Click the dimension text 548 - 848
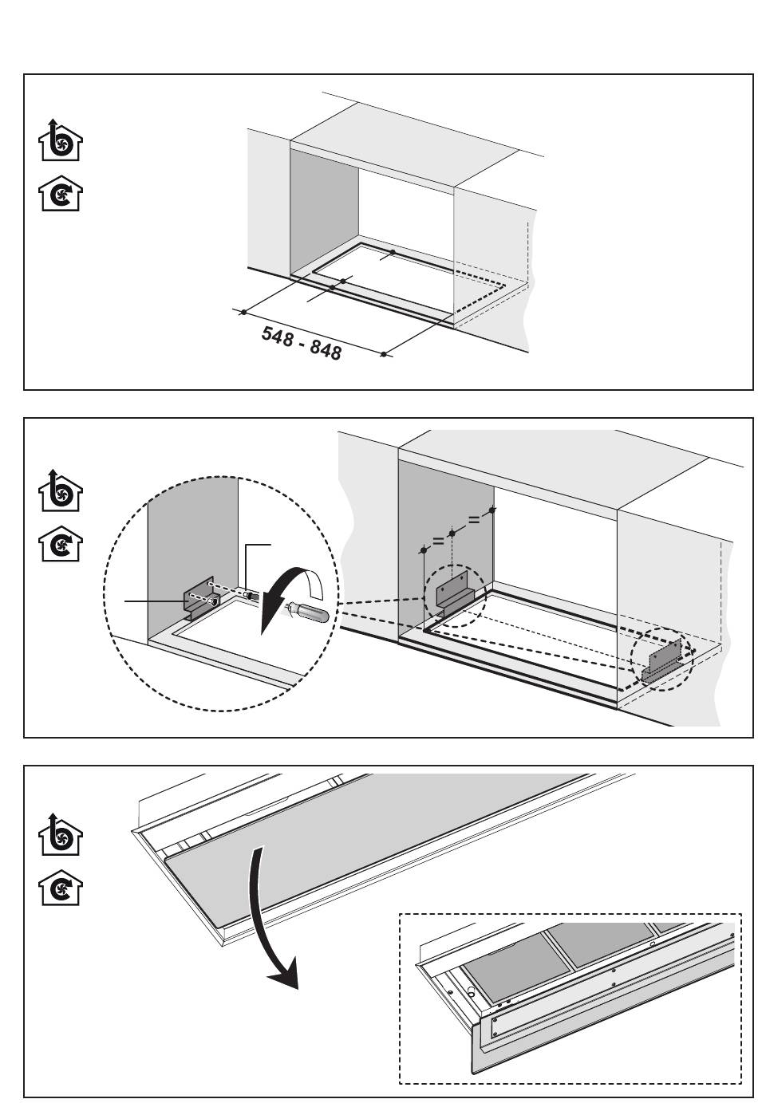tap(302, 342)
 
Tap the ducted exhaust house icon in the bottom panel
tap(61, 835)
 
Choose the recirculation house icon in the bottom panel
tap(61, 890)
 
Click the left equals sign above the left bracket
tap(437, 542)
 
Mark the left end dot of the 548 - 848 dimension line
tap(243, 312)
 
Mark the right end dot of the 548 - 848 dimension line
tap(385, 354)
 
